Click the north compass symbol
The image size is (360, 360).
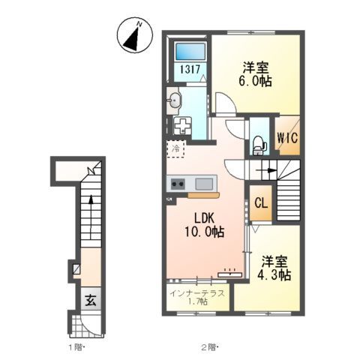pos(135,35)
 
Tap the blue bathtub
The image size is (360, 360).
pos(190,51)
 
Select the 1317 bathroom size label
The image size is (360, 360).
pos(190,69)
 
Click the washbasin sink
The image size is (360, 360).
pos(174,100)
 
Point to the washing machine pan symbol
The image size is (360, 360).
pos(183,124)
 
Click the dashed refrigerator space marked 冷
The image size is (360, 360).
pos(176,148)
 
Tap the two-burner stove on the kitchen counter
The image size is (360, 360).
pos(178,184)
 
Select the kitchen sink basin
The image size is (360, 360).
pos(204,184)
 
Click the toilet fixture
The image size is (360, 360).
pos(259,145)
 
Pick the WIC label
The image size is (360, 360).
pos(287,138)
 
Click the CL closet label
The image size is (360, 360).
pos(261,203)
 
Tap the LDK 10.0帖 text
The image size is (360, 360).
pos(205,225)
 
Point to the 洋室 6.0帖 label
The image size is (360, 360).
pos(255,74)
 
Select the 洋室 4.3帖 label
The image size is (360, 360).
pos(274,268)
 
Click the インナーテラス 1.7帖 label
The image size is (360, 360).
pos(197,297)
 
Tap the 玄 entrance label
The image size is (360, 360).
pos(91,300)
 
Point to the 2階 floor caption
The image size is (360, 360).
pos(210,347)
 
